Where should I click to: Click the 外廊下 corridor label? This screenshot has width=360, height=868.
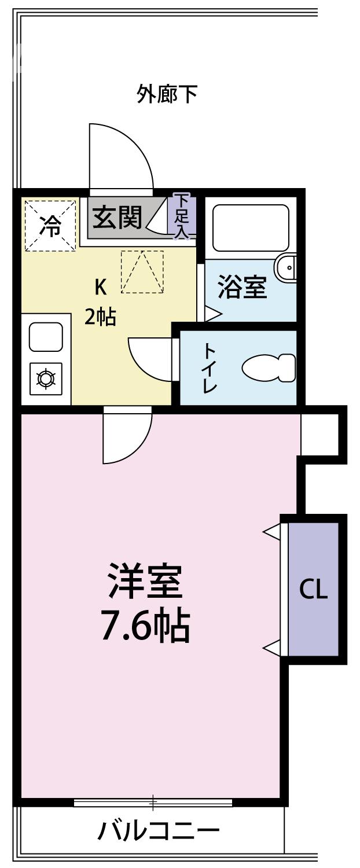tap(167, 94)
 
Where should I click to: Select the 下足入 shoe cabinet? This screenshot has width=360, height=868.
tap(182, 216)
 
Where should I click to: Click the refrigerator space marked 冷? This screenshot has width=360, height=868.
tap(50, 226)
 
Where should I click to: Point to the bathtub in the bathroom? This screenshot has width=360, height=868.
tap(251, 227)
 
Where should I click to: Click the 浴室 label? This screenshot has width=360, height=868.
tap(242, 288)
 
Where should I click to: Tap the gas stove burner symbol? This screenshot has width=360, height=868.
tap(46, 378)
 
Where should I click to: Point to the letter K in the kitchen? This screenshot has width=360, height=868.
tap(100, 285)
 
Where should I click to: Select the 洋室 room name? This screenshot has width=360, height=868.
tap(145, 580)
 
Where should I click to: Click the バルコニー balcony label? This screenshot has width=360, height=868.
tap(158, 832)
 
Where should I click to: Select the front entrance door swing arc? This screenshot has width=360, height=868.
tap(120, 155)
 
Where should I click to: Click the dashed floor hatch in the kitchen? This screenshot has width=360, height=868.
tap(142, 271)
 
